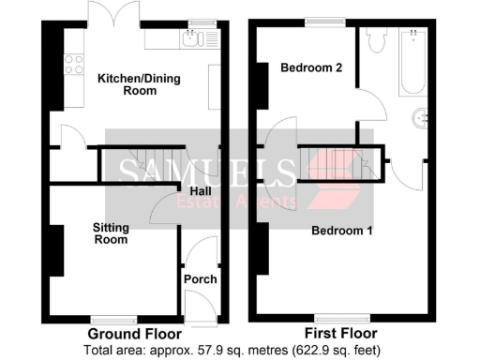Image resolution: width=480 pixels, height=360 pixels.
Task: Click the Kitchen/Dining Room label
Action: (x=140, y=83)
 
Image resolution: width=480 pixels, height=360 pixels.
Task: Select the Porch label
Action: (x=200, y=279)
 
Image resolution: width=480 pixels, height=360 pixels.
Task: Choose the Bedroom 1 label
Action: (x=342, y=231)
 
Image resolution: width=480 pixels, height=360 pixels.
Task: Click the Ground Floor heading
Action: (x=135, y=334)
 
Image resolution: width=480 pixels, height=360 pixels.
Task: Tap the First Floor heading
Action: (x=341, y=334)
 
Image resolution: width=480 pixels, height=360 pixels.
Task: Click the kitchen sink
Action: (x=193, y=38)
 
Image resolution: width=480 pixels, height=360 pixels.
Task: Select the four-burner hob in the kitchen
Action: (x=72, y=67)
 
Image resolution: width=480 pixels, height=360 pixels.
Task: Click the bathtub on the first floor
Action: (x=413, y=62)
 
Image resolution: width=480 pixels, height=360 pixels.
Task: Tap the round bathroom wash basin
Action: (x=421, y=118)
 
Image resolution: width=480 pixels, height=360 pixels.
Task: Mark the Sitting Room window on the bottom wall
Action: (x=112, y=317)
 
